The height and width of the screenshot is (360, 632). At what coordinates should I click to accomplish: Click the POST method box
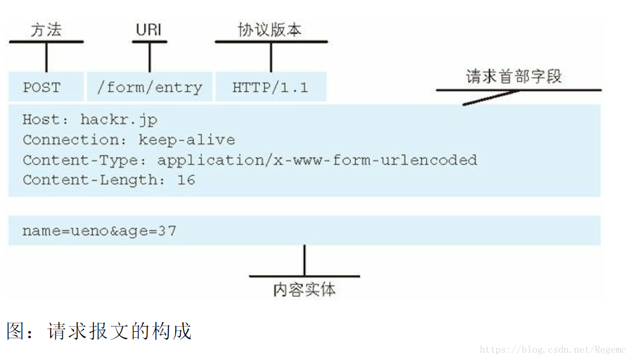coord(42,87)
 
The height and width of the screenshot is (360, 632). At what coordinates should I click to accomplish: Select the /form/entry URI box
coord(150,87)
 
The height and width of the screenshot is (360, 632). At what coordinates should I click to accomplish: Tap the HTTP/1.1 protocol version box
coord(270,87)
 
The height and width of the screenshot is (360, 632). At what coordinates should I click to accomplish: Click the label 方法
coord(46,30)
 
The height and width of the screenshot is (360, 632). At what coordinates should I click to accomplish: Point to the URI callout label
coord(149,30)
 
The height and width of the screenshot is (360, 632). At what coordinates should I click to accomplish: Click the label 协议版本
coord(270,30)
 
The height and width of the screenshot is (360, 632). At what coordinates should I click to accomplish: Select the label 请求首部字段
coord(514,77)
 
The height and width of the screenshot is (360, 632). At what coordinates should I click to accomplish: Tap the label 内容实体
coord(304,289)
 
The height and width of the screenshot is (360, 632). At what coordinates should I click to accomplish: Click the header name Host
coord(41,120)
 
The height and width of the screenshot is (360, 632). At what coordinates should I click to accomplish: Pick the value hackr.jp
coord(119,120)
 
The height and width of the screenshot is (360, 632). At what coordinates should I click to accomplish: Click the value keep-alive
coord(187,140)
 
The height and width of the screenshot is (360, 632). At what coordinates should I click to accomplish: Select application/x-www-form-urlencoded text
coord(317,160)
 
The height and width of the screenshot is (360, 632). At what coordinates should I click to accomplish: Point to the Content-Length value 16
coord(186,180)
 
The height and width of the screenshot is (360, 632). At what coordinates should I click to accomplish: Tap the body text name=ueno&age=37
coord(99,230)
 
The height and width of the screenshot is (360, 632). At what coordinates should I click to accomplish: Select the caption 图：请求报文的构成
coord(99,331)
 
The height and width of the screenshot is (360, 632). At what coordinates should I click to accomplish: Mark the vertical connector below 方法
coord(46,56)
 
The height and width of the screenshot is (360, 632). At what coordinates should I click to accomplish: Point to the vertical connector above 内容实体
coord(304,260)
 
